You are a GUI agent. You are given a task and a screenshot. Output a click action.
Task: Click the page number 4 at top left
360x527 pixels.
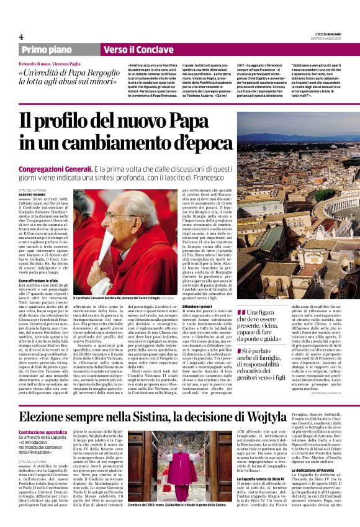[21, 37]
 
